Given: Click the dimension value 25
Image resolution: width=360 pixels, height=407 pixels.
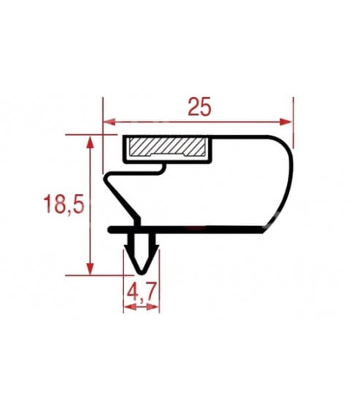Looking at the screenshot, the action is (x=199, y=106).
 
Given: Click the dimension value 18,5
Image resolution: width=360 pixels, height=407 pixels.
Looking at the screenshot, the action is (x=64, y=204).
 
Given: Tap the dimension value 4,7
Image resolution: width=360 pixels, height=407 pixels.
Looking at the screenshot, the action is (x=142, y=292).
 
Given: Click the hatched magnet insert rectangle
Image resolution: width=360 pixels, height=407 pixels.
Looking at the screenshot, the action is (x=167, y=147).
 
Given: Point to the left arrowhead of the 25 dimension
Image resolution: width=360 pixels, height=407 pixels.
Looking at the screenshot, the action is (x=110, y=122).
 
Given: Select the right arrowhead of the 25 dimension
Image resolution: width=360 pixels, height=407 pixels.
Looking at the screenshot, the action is (x=286, y=122).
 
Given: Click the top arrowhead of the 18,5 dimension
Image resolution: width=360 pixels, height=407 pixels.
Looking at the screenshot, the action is (x=90, y=142).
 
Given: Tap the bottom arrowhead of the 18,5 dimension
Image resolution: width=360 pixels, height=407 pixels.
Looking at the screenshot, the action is (x=90, y=268).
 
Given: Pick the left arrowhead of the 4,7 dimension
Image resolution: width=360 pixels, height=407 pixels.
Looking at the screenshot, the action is (x=130, y=307).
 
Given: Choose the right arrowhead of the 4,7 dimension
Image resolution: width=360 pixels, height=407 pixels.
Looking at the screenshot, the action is (x=153, y=307).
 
